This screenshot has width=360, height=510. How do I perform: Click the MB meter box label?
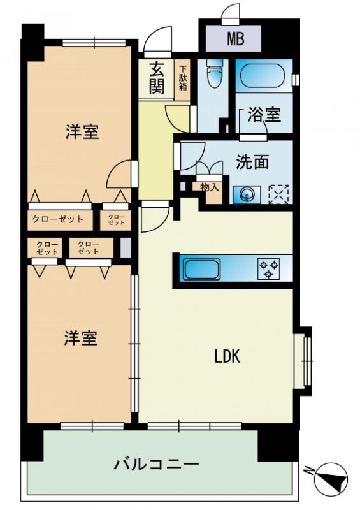(236, 40)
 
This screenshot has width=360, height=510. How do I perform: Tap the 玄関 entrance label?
(157, 78)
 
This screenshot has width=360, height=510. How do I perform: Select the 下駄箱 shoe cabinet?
(183, 78)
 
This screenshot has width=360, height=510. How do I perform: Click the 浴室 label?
(264, 115)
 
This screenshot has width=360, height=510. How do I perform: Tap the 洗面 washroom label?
(252, 162)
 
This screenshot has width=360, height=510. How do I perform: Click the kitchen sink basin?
(201, 268)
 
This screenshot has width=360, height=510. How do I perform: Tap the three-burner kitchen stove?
(269, 268)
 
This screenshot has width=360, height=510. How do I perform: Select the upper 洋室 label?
(82, 132)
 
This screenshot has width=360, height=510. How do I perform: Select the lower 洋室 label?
(80, 338)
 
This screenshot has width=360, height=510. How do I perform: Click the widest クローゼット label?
(59, 220)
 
